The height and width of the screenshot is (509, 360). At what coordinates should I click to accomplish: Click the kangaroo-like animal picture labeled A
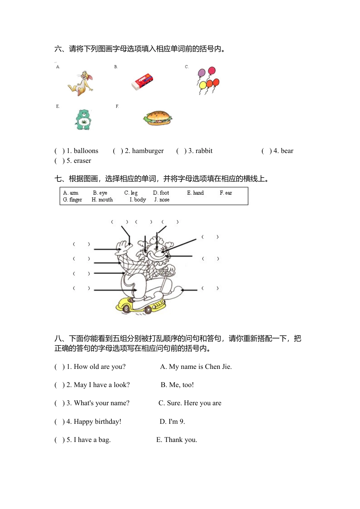point(81,83)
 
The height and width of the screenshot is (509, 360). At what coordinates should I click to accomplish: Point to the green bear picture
point(83,120)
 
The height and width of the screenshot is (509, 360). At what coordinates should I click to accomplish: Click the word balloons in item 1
point(86,151)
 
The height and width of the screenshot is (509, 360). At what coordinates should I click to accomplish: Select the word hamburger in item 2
point(148,151)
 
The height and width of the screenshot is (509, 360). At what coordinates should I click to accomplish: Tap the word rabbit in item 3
point(204,151)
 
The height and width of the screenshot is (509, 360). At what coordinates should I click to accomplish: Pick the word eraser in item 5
point(82,161)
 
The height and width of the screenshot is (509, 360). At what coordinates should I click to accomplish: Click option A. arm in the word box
point(71,193)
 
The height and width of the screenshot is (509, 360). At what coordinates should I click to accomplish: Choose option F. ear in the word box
point(226,193)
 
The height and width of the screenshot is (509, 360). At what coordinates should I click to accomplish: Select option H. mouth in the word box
point(102,200)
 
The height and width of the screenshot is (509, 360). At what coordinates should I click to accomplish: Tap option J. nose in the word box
point(162,200)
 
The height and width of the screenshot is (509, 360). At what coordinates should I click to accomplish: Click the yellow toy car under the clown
point(140,304)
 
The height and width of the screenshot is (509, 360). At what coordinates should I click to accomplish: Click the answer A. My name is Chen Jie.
point(196,367)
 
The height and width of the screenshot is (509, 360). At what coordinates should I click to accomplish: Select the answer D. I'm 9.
point(172,422)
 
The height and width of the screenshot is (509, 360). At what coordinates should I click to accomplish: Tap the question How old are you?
point(99,367)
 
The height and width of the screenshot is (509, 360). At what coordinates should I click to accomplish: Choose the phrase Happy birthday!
point(97,422)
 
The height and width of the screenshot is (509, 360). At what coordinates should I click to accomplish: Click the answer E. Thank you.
point(177,440)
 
